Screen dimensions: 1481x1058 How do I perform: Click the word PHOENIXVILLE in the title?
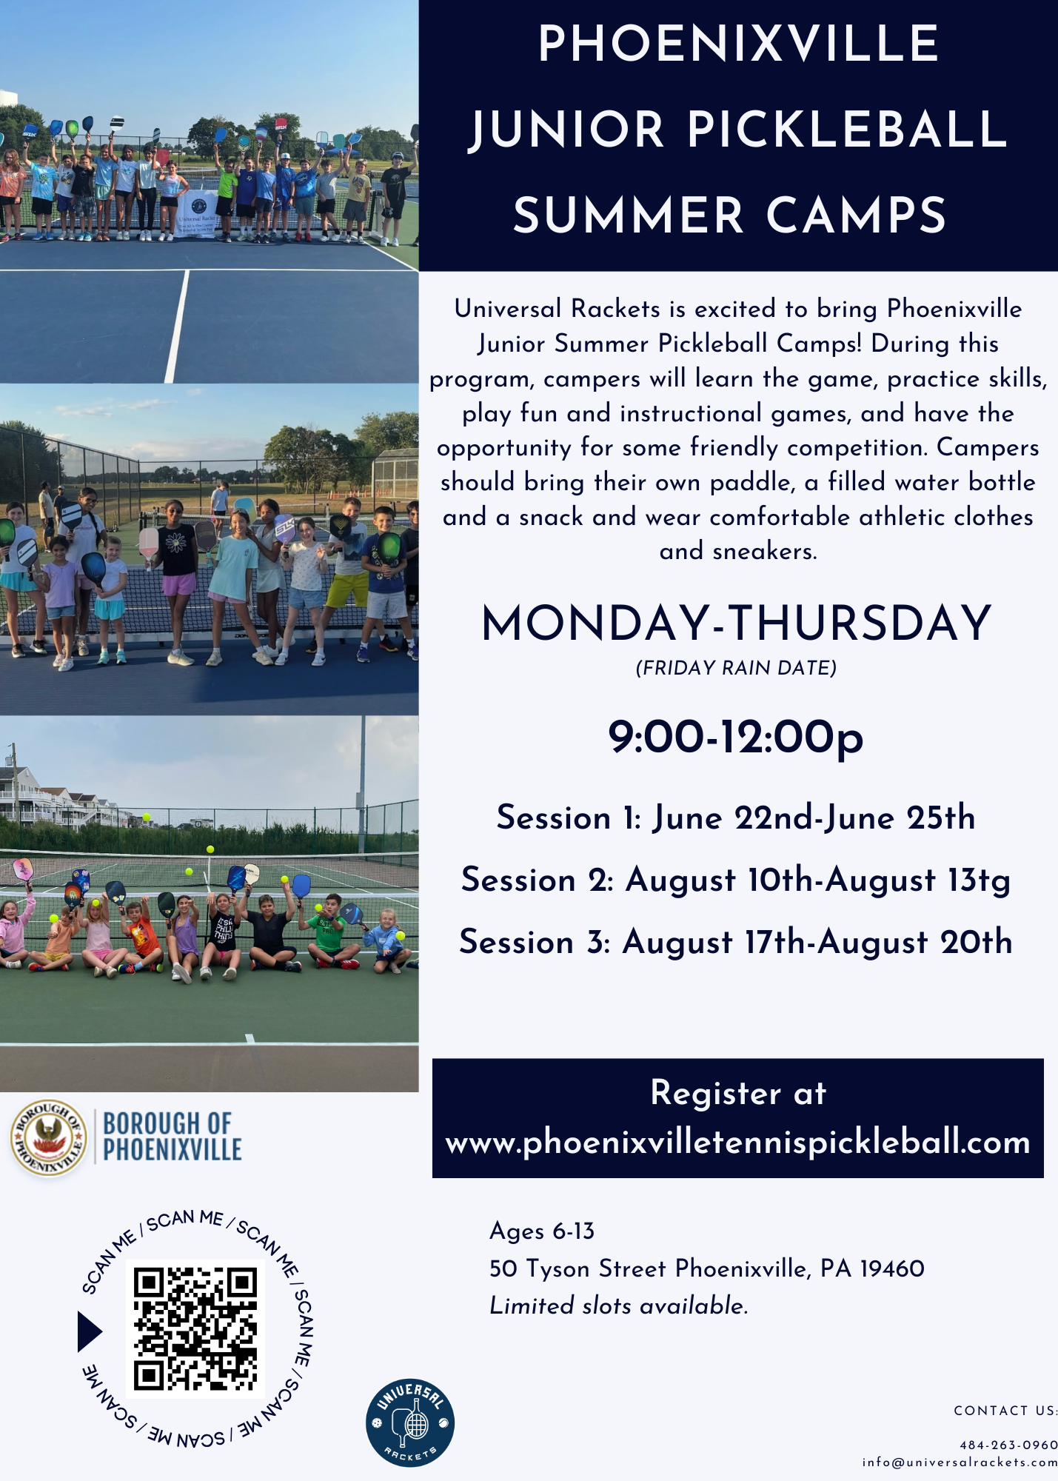coord(738,44)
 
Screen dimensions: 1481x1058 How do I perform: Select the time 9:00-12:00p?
coord(736,738)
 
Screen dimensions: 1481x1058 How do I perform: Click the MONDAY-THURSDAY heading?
coord(736,623)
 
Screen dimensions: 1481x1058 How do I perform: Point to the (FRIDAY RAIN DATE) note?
coord(736,668)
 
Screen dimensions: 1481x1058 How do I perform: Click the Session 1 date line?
coord(736,818)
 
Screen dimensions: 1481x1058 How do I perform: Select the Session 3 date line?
coord(736,942)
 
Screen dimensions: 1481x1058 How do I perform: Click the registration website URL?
coord(737,1143)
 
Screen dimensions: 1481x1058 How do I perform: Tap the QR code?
coord(195,1329)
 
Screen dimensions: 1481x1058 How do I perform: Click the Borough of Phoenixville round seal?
coord(49,1137)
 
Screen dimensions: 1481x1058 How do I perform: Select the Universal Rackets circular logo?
coord(410,1423)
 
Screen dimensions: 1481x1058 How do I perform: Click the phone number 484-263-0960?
coord(1008,1445)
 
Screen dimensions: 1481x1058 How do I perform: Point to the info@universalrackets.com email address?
coord(960,1462)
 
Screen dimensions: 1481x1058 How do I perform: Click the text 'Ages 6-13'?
coord(542,1231)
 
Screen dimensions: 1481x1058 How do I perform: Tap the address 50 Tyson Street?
coord(706,1268)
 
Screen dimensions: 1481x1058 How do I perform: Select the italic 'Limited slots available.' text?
coord(619,1306)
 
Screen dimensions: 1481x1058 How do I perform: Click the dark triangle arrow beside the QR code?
coord(90,1331)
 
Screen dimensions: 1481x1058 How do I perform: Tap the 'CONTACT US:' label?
coord(1005,1411)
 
